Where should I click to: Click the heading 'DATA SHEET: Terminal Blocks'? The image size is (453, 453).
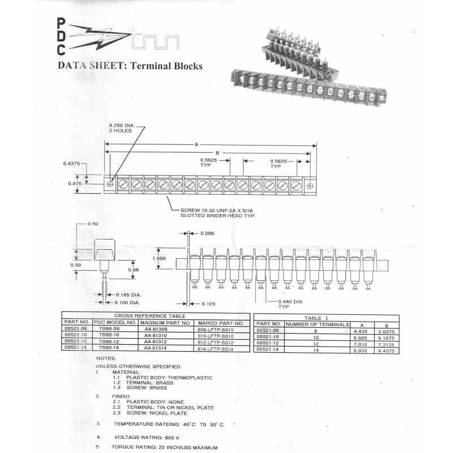click(x=130, y=66)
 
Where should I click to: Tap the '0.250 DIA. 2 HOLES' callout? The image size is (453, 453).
click(x=120, y=127)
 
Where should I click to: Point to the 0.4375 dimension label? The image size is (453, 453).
click(x=72, y=164)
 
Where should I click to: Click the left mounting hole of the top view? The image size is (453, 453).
click(x=110, y=184)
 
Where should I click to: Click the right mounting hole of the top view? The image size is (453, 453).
click(x=310, y=185)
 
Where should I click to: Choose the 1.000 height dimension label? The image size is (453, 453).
click(x=160, y=259)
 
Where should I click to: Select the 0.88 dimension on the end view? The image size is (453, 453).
click(x=134, y=270)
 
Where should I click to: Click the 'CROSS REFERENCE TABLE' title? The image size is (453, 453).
click(x=149, y=315)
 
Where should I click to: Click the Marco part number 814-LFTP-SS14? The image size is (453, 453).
click(x=213, y=349)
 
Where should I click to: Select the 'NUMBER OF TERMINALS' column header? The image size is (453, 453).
click(x=318, y=324)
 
